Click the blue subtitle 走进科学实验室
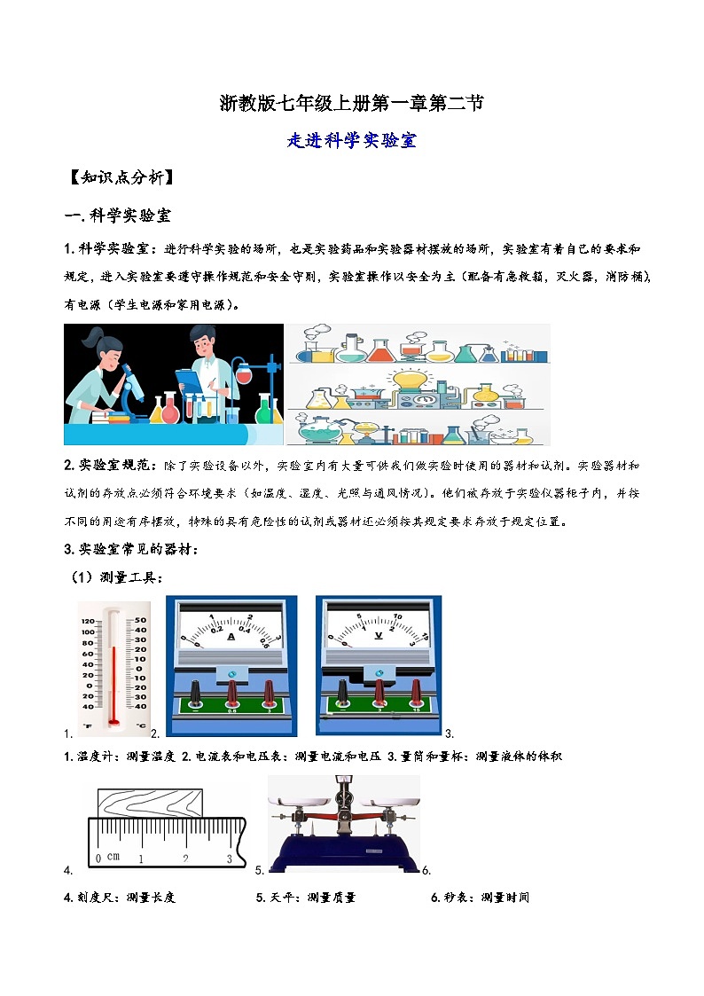coord(352,140)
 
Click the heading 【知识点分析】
coord(120,177)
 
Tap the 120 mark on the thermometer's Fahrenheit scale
coord(87,620)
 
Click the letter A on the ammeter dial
coord(231,636)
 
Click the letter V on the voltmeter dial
coord(379,636)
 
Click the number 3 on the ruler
coord(230,859)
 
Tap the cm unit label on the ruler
coord(113,858)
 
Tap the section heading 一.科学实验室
coord(119,216)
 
